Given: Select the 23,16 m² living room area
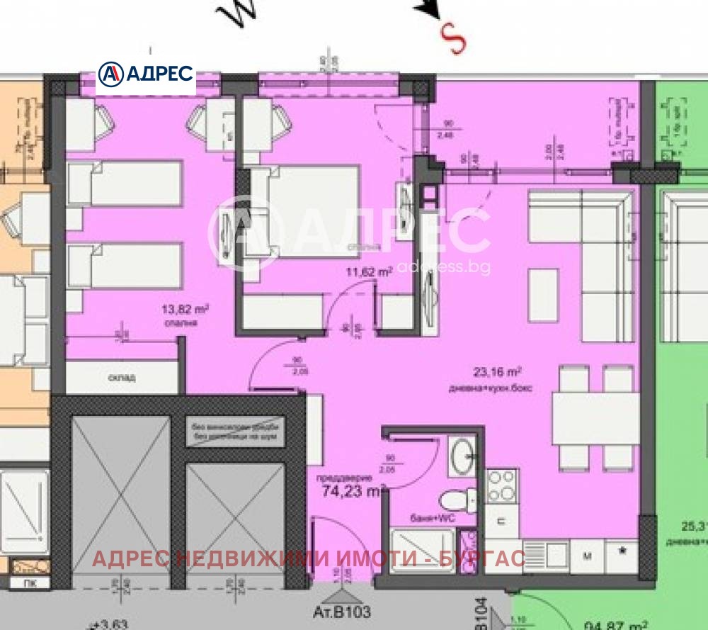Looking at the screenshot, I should click(x=498, y=371).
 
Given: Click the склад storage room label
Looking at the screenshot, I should click(x=123, y=377).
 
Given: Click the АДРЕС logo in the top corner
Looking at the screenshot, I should click(x=145, y=73).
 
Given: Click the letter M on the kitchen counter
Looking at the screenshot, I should click(x=587, y=555).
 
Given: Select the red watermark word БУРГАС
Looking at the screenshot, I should click(x=492, y=558).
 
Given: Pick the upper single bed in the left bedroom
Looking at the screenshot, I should click(x=126, y=184).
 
